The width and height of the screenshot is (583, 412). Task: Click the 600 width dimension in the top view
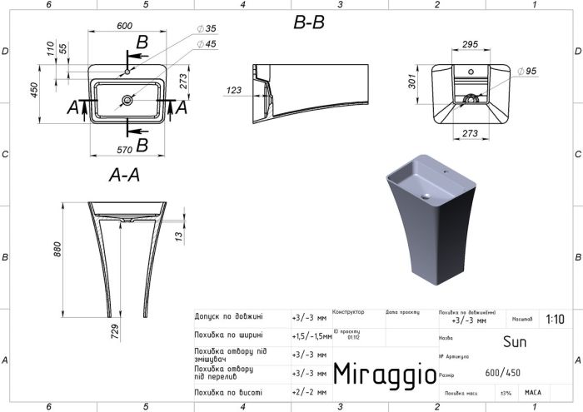click(x=125, y=26)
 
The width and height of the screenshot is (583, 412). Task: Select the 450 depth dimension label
click(x=34, y=90)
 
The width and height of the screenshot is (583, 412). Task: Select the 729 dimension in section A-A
click(x=116, y=330)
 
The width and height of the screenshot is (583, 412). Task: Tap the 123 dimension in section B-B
click(x=233, y=89)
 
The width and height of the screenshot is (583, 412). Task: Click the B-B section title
click(x=309, y=23)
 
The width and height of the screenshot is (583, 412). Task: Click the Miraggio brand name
click(x=384, y=373)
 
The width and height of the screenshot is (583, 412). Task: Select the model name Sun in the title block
click(x=515, y=340)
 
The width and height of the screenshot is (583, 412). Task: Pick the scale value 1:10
click(x=554, y=319)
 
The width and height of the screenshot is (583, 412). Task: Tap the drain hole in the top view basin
click(x=127, y=101)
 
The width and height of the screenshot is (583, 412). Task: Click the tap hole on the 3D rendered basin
click(x=445, y=176)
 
